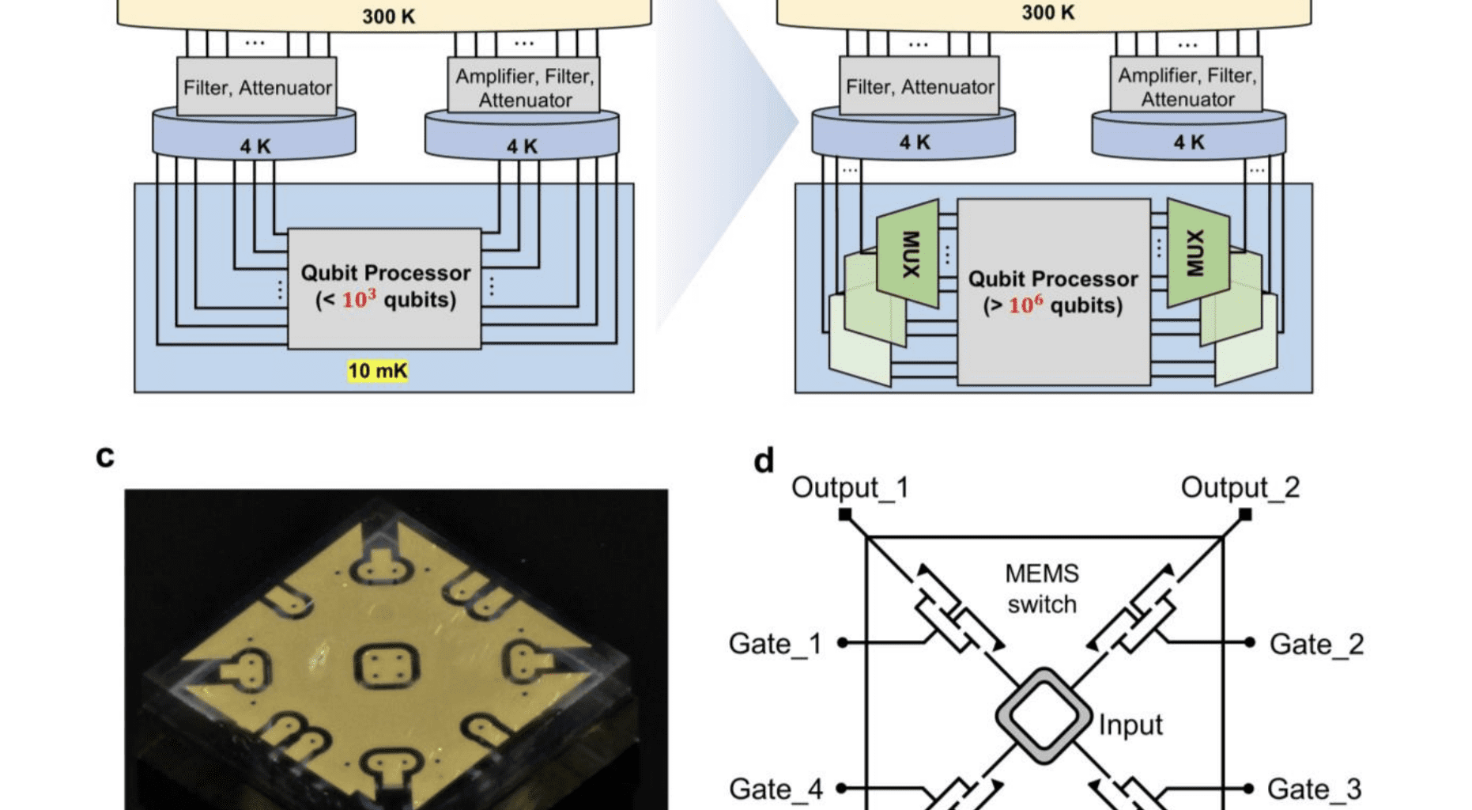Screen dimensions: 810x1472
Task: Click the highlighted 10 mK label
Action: (378, 371)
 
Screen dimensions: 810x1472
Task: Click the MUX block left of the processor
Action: (909, 253)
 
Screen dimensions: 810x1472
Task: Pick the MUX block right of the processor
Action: (1196, 252)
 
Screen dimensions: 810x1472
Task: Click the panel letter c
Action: (105, 456)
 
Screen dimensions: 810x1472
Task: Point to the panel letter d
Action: (764, 460)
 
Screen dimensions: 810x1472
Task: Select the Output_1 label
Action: (850, 487)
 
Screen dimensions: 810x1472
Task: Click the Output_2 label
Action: (1240, 487)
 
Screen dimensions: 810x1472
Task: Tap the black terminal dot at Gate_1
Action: (842, 642)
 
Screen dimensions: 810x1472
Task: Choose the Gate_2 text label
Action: (1316, 644)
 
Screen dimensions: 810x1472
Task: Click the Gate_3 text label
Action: (1314, 789)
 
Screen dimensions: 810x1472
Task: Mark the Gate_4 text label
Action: (776, 789)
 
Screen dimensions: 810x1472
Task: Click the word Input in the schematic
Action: (1130, 725)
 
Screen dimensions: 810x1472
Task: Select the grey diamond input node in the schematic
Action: (1043, 715)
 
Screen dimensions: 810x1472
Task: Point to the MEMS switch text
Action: (1042, 589)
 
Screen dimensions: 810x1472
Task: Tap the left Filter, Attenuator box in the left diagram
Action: (257, 87)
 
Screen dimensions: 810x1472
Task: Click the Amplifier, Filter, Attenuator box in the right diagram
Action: (1187, 87)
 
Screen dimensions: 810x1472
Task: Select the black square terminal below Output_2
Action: (1245, 515)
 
